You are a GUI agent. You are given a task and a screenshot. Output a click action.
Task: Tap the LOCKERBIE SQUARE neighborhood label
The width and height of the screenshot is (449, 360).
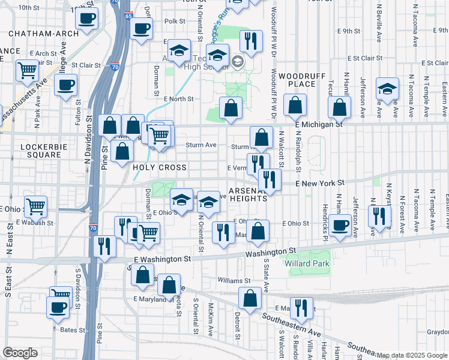40,151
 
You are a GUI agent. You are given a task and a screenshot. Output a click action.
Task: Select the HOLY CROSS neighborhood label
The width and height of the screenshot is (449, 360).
160,167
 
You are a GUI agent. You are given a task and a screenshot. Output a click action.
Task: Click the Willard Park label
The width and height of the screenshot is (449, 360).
310,263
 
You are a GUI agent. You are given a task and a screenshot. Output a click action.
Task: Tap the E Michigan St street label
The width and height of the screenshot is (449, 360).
318,124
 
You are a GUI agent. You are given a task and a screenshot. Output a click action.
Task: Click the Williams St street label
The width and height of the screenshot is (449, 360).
234,280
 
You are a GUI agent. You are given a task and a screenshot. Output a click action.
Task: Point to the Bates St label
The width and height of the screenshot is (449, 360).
73,330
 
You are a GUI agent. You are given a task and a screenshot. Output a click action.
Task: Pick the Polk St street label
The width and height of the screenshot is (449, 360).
175,20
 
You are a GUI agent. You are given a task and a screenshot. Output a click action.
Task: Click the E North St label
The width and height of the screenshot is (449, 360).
178,99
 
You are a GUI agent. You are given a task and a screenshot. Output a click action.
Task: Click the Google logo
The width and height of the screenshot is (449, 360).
20,353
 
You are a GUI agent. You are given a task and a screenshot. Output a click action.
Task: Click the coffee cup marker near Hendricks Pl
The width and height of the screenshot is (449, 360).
340,226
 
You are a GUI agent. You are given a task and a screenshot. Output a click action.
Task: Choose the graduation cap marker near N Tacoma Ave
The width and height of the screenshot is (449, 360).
388,90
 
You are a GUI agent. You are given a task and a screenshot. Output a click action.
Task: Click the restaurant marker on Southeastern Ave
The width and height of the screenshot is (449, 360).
301,309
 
